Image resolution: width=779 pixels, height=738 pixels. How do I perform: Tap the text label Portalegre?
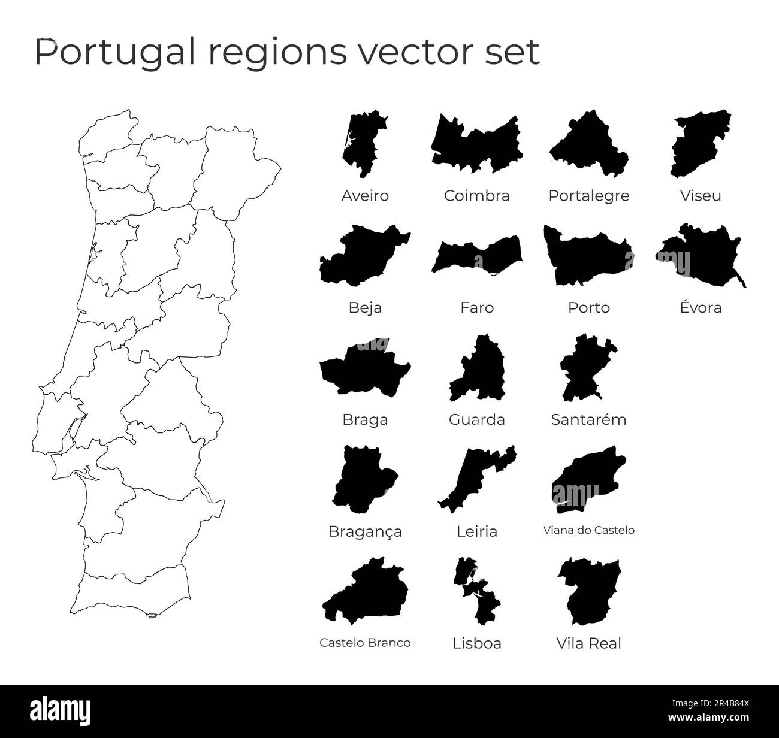[589, 196]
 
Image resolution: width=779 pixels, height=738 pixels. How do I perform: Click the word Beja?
[365, 308]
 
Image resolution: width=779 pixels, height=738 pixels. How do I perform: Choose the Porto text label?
[589, 308]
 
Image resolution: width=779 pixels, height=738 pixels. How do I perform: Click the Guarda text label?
[477, 420]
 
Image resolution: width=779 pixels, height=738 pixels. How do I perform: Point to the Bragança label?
[365, 532]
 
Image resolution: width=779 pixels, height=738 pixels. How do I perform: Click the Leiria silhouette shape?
[473, 479]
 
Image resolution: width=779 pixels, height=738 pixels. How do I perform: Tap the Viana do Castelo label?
[588, 530]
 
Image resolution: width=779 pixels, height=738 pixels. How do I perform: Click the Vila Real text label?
[589, 644]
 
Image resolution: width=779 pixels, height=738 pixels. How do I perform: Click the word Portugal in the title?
[114, 52]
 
